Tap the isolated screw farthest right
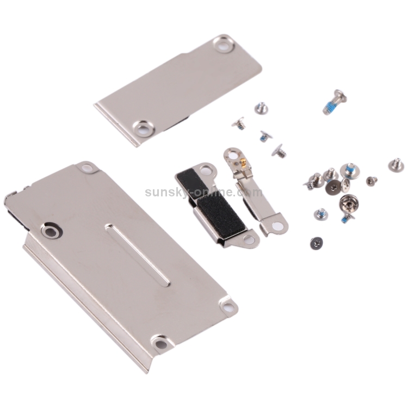[x=396, y=164]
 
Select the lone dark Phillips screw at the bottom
[x=316, y=240]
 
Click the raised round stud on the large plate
[x=51, y=232]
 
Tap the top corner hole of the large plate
[x=86, y=167]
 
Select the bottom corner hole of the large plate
[x=158, y=343]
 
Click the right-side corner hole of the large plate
[x=229, y=307]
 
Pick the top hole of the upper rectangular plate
[x=222, y=44]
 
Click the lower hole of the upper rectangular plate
[x=143, y=128]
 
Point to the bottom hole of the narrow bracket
[x=278, y=225]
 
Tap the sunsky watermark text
[x=203, y=192]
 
